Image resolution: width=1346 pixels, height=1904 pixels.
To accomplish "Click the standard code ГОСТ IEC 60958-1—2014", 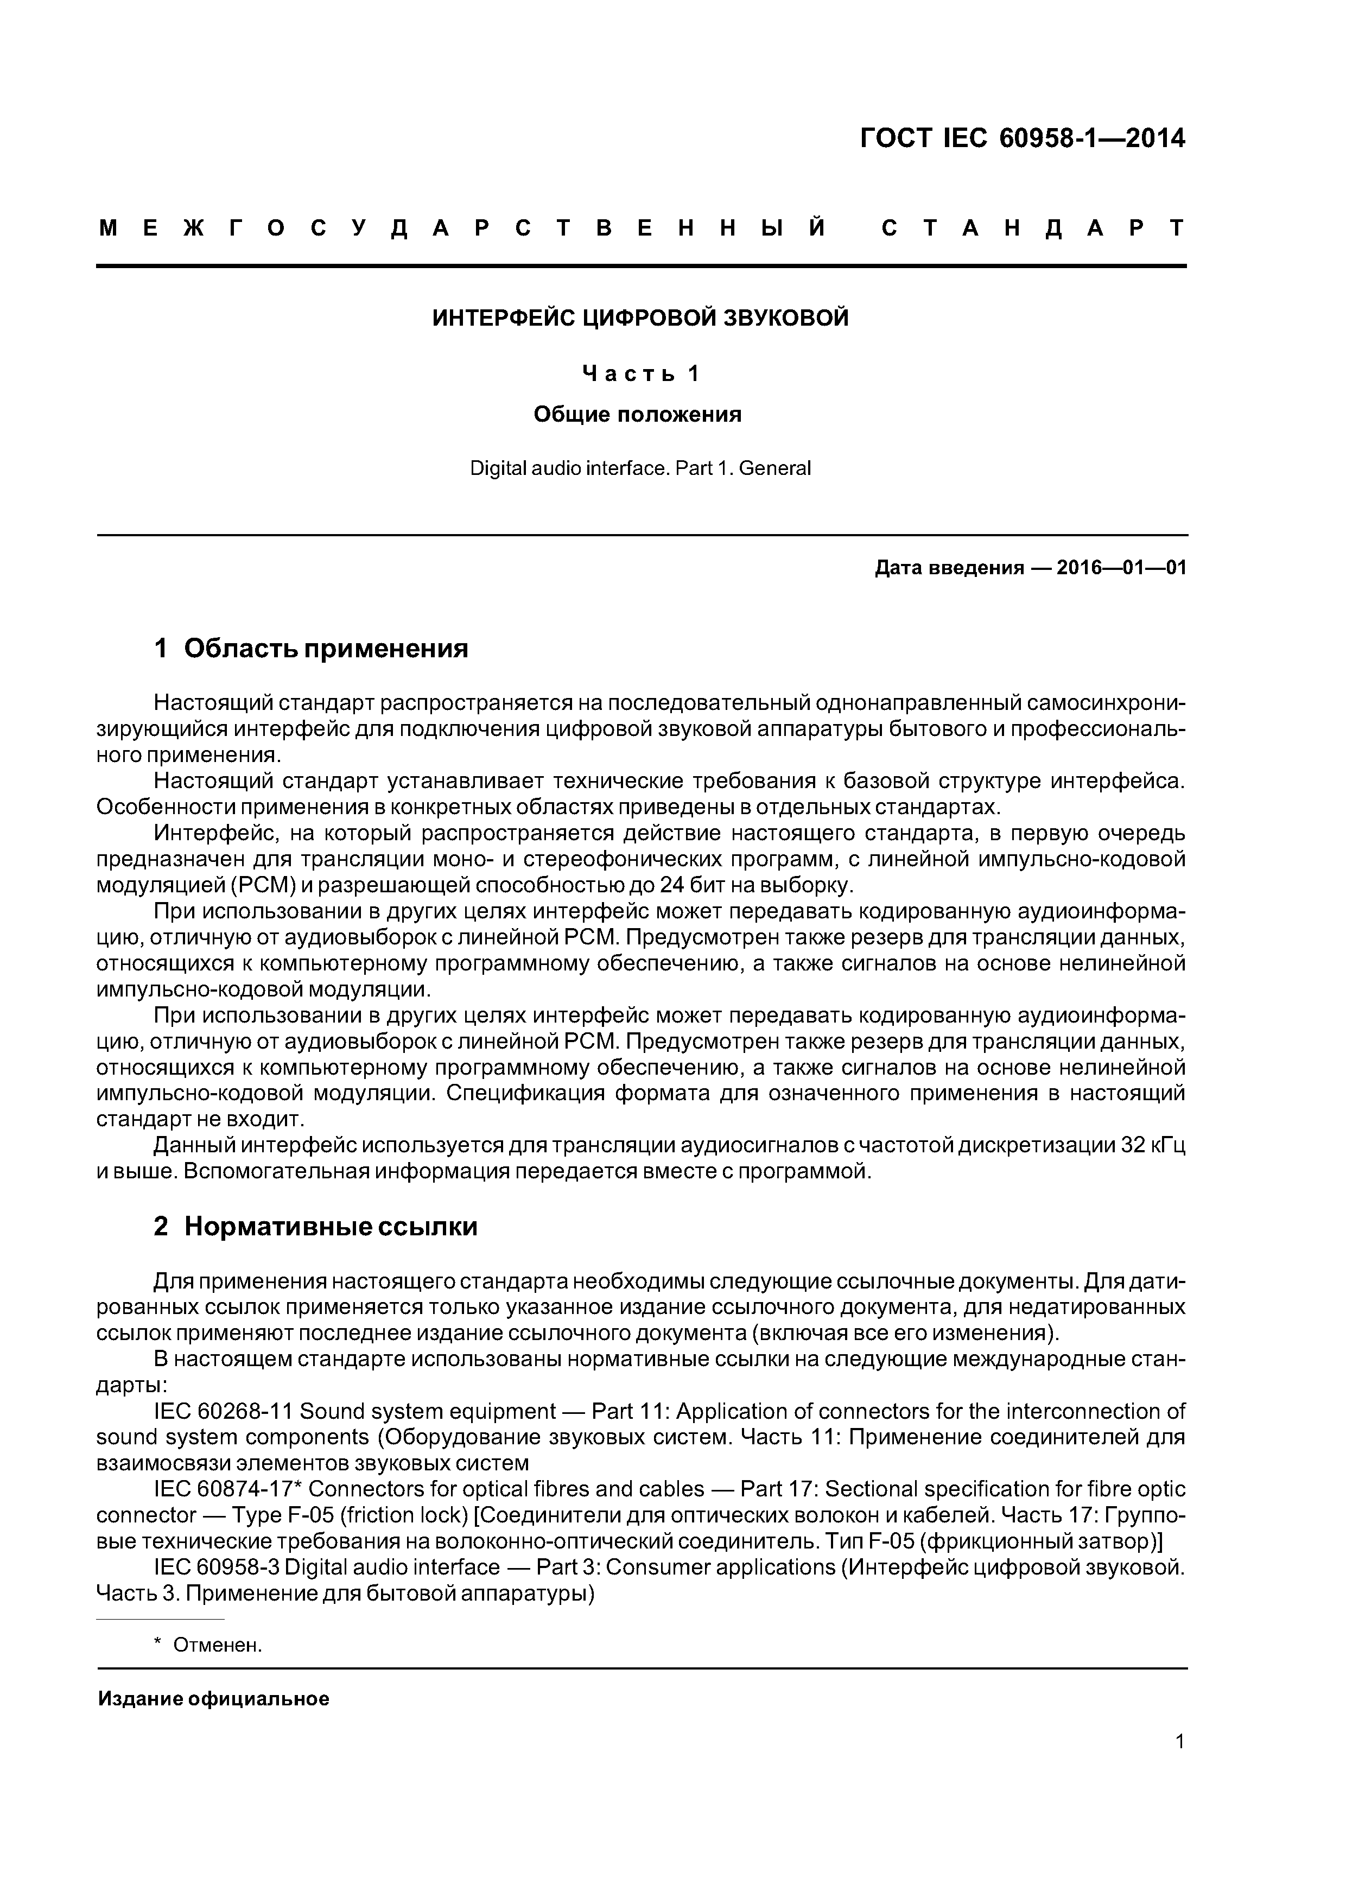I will click(x=1022, y=138).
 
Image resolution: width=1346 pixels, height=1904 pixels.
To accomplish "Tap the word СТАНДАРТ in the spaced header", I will click(x=1032, y=228).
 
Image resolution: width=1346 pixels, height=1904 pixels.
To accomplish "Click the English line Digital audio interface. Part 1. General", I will click(x=640, y=468).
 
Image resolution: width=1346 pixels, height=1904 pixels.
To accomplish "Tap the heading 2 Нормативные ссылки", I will click(x=315, y=1226).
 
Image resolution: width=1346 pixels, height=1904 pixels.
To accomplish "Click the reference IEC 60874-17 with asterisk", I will click(x=226, y=1489).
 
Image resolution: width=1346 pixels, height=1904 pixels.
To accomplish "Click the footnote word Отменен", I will click(x=217, y=1645).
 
